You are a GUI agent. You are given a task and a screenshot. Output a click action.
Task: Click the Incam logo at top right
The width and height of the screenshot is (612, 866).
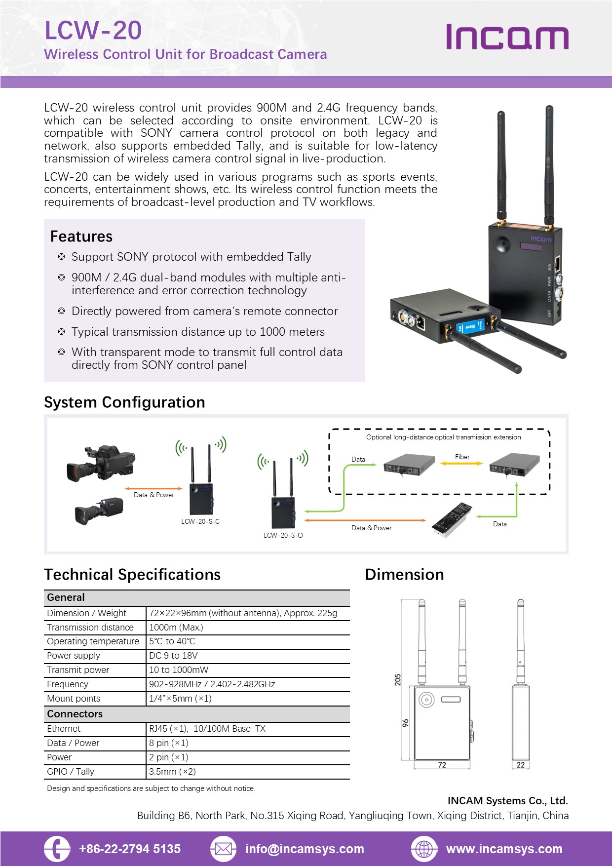click(x=507, y=37)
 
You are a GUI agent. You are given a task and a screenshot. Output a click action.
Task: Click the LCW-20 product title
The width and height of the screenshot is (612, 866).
click(x=93, y=31)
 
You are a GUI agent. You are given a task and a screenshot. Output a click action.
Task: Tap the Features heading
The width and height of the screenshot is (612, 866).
click(x=81, y=236)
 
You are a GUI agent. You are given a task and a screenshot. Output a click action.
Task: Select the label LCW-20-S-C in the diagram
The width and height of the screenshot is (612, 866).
click(x=200, y=521)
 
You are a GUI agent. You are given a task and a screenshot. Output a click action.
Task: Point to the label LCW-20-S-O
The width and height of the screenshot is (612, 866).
click(x=283, y=535)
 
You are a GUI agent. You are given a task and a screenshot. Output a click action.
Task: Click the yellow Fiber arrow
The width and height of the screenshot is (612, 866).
click(x=461, y=463)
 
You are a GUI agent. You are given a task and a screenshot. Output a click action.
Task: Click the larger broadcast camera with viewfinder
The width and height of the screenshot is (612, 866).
click(x=101, y=463)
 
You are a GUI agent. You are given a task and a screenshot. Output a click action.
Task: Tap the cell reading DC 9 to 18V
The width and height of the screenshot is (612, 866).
click(x=173, y=656)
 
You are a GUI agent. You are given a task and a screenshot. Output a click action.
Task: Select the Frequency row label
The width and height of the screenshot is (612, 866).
click(x=68, y=684)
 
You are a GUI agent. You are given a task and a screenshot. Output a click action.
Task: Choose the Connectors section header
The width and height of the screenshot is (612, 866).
click(x=75, y=714)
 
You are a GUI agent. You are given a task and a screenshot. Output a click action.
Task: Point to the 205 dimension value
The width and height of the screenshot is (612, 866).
click(x=398, y=679)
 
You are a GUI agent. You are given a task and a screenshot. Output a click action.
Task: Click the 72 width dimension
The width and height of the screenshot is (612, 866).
click(x=442, y=765)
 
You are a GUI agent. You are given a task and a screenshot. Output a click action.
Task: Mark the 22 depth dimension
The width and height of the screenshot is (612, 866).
click(x=521, y=765)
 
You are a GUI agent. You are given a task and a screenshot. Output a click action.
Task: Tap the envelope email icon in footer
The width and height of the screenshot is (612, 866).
click(x=223, y=849)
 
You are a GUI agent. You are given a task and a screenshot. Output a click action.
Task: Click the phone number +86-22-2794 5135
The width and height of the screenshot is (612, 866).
click(x=130, y=849)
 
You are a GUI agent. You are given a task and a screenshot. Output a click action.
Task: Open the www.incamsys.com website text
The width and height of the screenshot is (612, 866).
click(x=504, y=849)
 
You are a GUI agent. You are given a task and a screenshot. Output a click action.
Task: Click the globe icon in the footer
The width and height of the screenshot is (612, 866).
click(x=424, y=849)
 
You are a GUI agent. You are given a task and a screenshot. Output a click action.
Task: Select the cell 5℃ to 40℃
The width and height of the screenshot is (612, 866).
click(x=172, y=641)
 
